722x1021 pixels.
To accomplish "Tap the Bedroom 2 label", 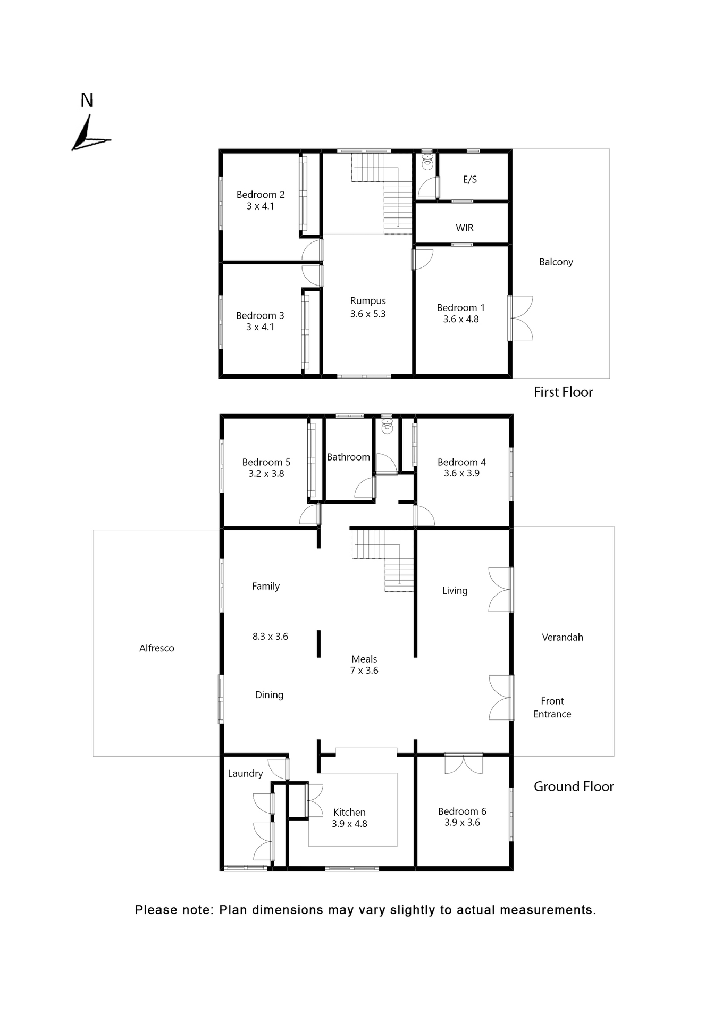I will [261, 195].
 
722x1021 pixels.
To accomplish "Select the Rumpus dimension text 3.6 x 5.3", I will [368, 314].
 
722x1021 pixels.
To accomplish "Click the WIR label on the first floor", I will [465, 228].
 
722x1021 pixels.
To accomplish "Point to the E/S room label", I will [470, 179].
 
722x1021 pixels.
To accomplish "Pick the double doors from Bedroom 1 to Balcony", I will [520, 318].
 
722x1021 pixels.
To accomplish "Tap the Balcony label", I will [556, 262].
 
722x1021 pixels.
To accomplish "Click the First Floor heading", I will [563, 392].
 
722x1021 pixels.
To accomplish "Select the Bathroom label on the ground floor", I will [348, 457].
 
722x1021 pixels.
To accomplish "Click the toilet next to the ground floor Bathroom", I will [388, 425].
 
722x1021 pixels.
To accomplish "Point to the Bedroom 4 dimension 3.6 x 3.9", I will [461, 473].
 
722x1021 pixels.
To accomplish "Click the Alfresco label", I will [157, 648].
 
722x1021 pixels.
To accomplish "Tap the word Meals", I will [364, 659].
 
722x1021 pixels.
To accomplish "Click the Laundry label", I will [245, 773].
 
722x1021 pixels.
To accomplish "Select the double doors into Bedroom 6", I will [464, 763].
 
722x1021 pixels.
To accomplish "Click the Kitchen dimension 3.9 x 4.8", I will [349, 824].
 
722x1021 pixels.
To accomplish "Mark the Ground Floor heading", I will [574, 786].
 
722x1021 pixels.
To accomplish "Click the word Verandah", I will [563, 637].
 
